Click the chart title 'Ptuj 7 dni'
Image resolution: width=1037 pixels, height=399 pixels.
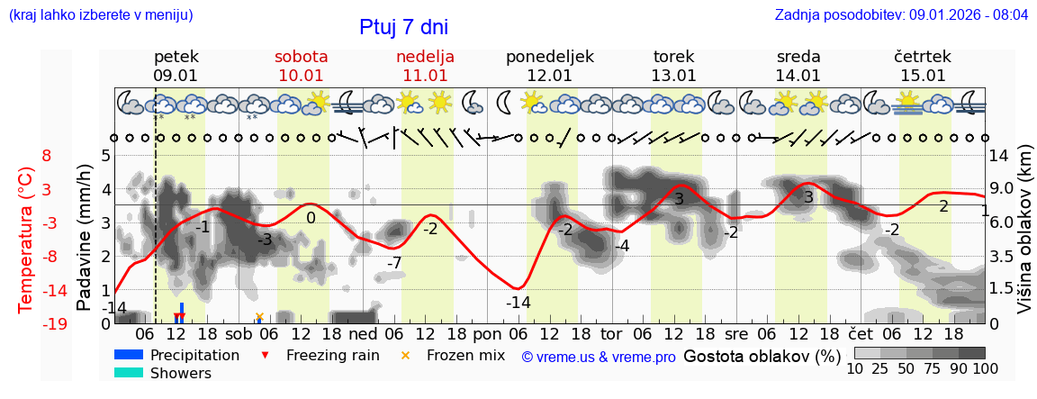pos(403,27)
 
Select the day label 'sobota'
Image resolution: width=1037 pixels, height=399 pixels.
pos(301,57)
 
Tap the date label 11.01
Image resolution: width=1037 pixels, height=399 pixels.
pos(425,76)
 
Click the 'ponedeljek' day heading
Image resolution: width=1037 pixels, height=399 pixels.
pos(549,57)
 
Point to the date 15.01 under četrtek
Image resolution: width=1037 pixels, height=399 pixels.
pos(923,76)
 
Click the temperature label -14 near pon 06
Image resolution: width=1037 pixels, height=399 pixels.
pos(518,303)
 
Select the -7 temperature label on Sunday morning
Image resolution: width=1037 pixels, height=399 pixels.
pos(393,263)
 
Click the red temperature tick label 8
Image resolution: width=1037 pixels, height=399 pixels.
pos(46,156)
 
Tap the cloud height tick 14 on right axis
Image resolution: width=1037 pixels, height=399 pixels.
pos(999,156)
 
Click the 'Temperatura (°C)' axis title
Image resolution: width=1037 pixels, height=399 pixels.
pos(26,239)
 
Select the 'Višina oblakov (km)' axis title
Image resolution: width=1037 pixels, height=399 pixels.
pos(1024,239)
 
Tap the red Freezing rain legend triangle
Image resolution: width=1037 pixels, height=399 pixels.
pos(264,355)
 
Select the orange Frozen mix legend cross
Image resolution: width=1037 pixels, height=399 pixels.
pos(404,355)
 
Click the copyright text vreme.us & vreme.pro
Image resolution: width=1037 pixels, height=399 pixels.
pos(599,357)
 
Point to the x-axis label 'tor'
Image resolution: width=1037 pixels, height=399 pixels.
pos(612,332)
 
